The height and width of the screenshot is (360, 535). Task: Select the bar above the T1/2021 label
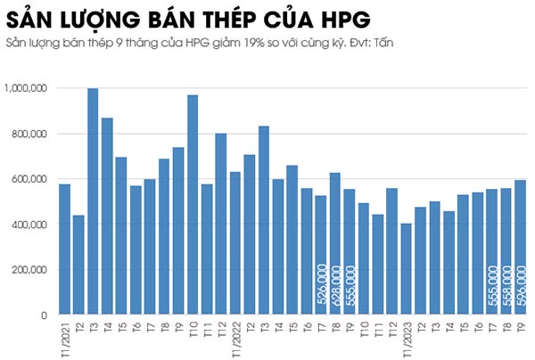click(x=64, y=250)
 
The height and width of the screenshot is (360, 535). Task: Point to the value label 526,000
click(x=321, y=287)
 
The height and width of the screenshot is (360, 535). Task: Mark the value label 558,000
click(x=506, y=287)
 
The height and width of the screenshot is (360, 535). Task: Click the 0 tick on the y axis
click(x=44, y=315)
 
